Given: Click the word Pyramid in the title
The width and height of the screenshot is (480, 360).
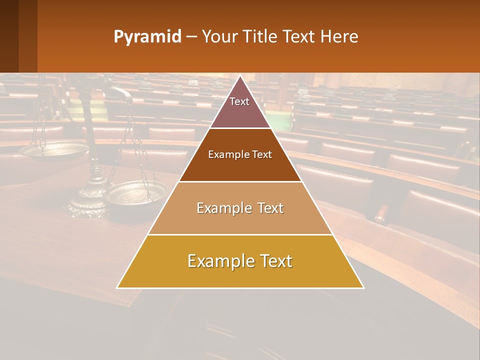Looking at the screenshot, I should pos(147,37).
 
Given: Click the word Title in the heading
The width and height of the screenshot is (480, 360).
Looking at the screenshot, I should pos(260,37).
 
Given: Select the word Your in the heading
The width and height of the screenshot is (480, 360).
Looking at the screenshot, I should pos(219,37).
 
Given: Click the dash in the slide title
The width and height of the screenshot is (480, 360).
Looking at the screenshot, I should pos(191,37).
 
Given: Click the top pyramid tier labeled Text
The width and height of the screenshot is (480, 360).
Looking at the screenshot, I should pos(239,107).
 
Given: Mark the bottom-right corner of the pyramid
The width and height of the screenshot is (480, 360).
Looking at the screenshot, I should pos(363,287).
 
